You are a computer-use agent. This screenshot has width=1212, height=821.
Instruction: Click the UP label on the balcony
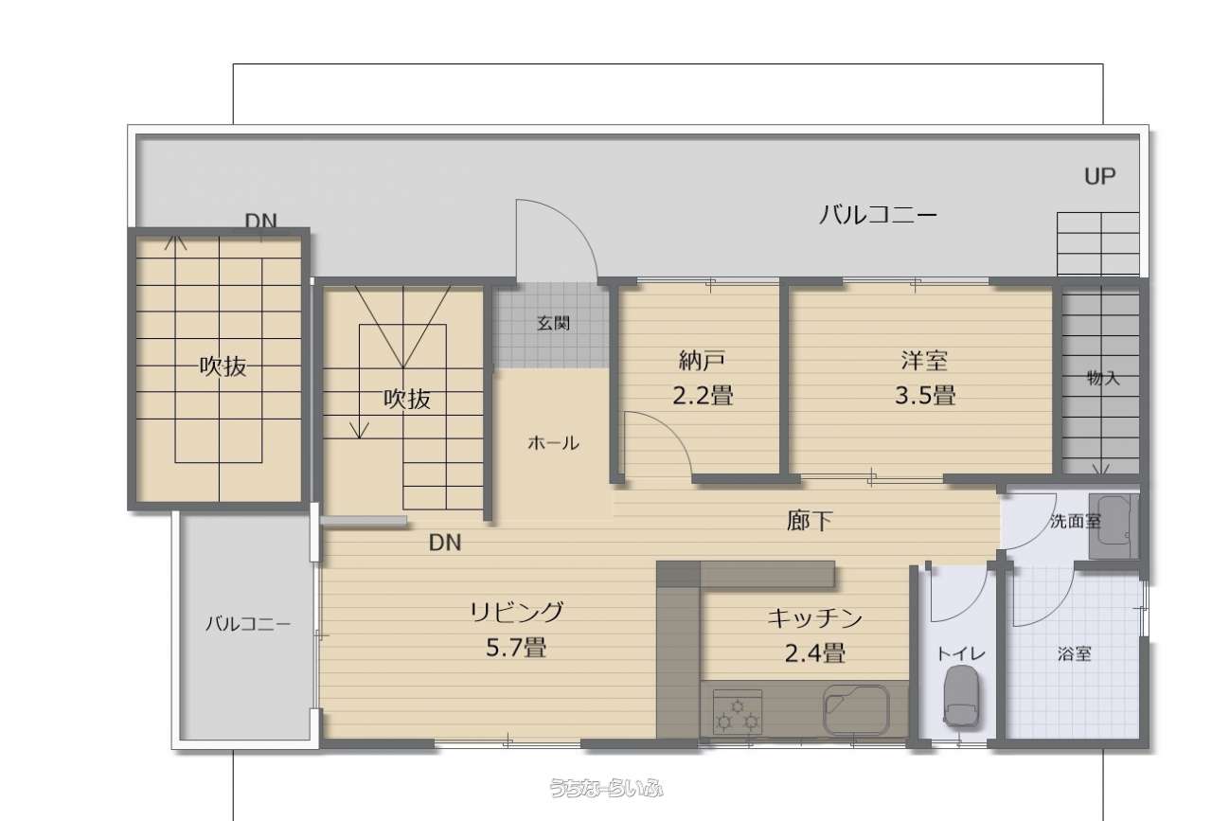(1099, 176)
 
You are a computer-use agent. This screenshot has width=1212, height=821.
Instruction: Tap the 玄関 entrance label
(554, 324)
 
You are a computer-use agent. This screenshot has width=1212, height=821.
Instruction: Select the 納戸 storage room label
(702, 361)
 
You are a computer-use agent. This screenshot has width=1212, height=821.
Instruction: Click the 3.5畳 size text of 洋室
(925, 395)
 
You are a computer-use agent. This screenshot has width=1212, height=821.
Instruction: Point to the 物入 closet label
(1103, 378)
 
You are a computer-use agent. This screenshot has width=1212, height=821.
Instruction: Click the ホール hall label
(554, 443)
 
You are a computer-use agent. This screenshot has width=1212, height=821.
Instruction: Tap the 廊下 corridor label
(810, 521)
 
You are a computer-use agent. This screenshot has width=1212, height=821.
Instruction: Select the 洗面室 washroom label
(1076, 521)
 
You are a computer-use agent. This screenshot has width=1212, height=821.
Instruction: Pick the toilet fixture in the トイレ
(960, 695)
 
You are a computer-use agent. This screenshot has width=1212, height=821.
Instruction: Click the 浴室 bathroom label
(1074, 653)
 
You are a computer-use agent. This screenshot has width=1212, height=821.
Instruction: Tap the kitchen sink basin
(856, 709)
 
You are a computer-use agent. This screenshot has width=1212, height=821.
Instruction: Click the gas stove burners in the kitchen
(738, 712)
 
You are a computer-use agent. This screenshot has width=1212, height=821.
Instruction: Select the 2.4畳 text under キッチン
(815, 653)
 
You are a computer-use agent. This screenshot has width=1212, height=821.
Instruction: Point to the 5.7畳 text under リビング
(516, 647)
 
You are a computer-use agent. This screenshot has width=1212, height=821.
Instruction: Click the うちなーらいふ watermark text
(606, 788)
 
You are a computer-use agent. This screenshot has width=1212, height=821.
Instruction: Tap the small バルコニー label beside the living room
(248, 624)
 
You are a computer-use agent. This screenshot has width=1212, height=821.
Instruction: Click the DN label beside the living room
(445, 543)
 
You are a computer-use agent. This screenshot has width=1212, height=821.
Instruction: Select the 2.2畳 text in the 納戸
(703, 395)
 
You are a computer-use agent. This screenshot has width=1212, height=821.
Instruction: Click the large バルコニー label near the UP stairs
(878, 215)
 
